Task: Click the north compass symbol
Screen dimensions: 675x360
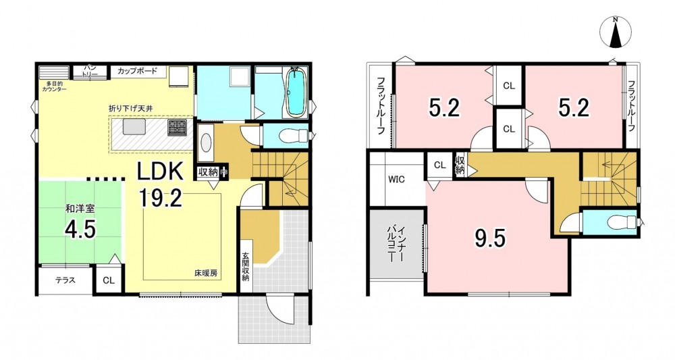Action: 616,32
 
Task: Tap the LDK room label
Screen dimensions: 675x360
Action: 161,172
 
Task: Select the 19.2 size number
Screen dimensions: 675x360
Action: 160,198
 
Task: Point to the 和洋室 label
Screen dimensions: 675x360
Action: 80,209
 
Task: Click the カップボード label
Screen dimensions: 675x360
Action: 137,71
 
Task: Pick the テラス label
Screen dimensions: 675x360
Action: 65,280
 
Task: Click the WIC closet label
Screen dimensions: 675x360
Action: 396,180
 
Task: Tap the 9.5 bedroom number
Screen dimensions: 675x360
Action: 490,238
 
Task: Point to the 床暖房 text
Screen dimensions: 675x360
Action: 205,273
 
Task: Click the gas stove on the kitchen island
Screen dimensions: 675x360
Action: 177,128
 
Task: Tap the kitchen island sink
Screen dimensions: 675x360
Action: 132,128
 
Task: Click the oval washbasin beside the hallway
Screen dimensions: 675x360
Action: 206,142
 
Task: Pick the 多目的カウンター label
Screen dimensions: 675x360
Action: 54,86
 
